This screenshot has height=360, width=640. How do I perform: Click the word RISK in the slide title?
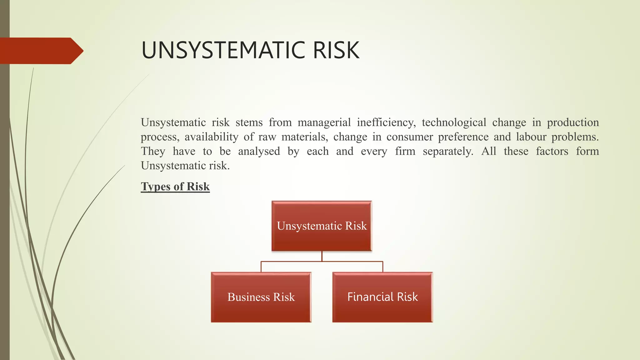[x=336, y=50]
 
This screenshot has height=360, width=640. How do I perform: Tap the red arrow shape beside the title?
[x=41, y=51]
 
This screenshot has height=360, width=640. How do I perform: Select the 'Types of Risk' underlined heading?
[x=175, y=187]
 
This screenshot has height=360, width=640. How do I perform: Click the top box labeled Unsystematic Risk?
[x=322, y=226]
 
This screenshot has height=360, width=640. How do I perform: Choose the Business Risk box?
[x=261, y=297]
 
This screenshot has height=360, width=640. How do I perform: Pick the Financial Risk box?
[x=382, y=297]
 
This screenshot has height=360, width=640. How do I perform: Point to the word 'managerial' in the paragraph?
[x=324, y=122]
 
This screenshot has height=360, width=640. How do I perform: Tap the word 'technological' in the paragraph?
[x=454, y=122]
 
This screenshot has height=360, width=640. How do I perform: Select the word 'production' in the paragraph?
[x=572, y=122]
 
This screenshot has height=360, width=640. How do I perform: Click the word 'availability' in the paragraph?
[x=211, y=137]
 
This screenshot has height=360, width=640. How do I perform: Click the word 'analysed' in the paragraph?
[x=259, y=151]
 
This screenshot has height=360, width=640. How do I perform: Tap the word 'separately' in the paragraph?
[x=448, y=151]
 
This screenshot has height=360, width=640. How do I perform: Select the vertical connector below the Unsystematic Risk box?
[x=322, y=256]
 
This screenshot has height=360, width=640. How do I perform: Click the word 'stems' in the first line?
[x=249, y=122]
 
